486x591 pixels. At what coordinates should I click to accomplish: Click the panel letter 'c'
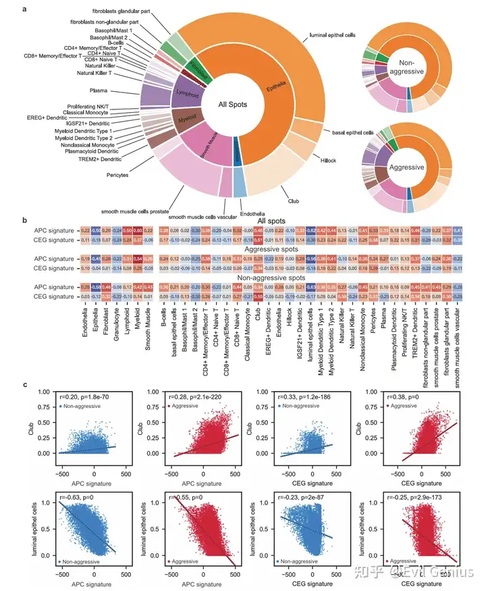click(x=25, y=384)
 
